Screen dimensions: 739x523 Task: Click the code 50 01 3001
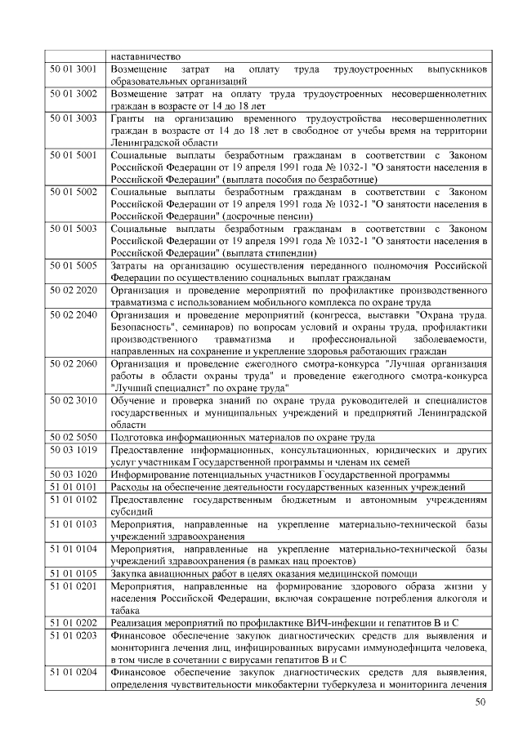[x=74, y=70]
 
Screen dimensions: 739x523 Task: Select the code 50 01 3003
[x=74, y=119]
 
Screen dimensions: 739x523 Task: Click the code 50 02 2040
[x=74, y=314]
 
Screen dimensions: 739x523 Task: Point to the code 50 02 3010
[x=74, y=401]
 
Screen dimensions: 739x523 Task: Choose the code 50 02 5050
[x=74, y=438]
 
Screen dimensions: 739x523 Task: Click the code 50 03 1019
[x=74, y=450]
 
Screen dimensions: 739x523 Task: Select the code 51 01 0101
[x=74, y=487]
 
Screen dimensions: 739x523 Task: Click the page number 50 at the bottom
[x=481, y=702]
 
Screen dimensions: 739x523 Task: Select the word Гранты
[x=129, y=119]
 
